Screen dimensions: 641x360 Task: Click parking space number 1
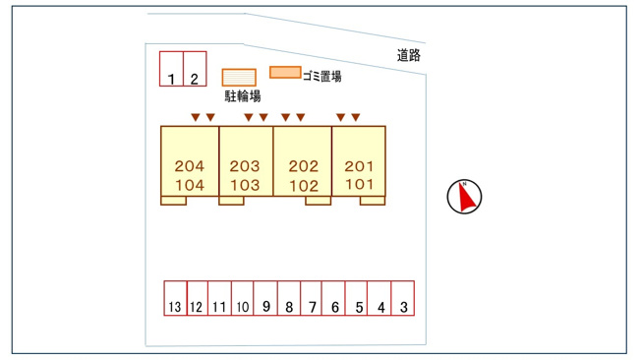[x=171, y=69]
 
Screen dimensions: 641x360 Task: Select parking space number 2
[x=195, y=69]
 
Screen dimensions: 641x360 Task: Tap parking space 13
[x=175, y=298]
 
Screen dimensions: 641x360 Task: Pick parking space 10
[x=243, y=298]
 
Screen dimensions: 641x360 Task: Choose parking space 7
[x=311, y=298]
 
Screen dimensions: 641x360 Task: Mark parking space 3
[x=403, y=298]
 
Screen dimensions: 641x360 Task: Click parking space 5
[x=357, y=298]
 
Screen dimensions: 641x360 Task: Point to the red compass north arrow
[x=466, y=197]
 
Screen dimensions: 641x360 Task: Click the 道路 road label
[x=409, y=55]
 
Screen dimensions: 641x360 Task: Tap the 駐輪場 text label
[x=243, y=96]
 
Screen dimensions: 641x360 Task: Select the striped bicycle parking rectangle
[x=239, y=78]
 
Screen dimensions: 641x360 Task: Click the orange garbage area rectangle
[x=285, y=73]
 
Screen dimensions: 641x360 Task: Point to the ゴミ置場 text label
[x=322, y=76]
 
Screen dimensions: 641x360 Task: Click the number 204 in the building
[x=190, y=166]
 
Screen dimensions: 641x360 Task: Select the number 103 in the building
[x=245, y=185]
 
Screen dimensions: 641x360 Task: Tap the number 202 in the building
[x=304, y=166]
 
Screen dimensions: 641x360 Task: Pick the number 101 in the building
[x=359, y=185]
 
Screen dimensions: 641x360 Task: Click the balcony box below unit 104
[x=174, y=201]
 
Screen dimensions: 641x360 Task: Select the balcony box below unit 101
[x=373, y=201]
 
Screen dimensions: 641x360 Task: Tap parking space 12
[x=198, y=298]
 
